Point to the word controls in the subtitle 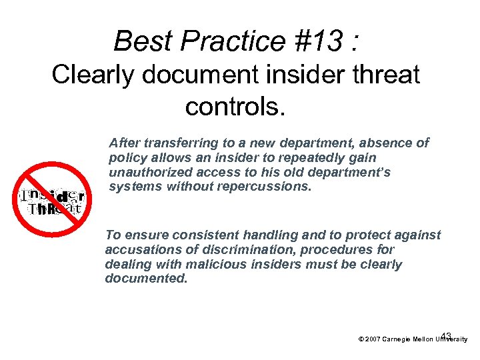[235, 106]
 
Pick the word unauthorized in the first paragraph [147, 173]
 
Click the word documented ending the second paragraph [146, 279]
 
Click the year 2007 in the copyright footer [373, 339]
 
